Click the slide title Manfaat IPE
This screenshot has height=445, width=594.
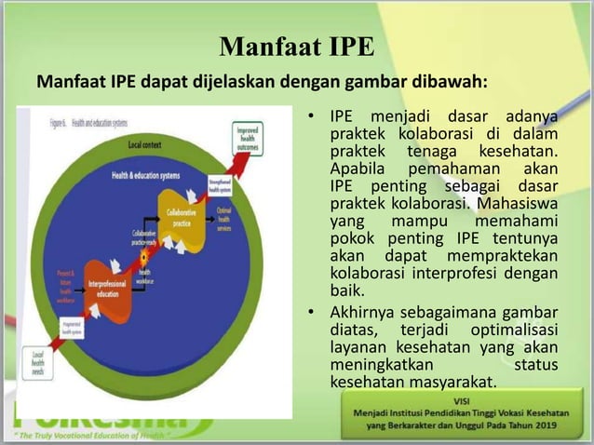296,46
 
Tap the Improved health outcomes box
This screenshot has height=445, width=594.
249,137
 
